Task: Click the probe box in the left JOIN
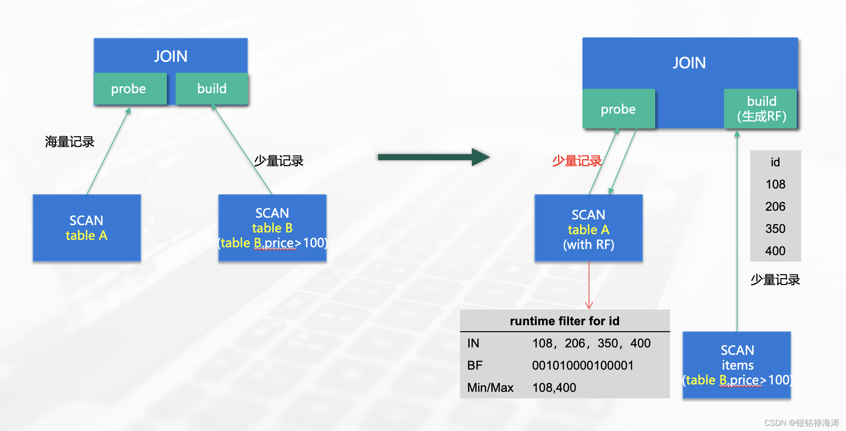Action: [x=130, y=89]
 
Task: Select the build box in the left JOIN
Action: [x=212, y=89]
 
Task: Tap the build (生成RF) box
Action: [x=761, y=109]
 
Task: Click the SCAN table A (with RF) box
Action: [x=589, y=228]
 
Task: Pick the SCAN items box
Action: [x=737, y=365]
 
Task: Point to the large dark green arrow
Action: [x=433, y=157]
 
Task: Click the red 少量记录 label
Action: [x=576, y=161]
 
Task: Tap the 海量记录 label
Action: [x=70, y=142]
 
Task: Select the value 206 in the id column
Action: [x=775, y=206]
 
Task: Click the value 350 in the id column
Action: [x=775, y=229]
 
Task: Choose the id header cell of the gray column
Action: [x=775, y=162]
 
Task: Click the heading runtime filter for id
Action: [x=564, y=321]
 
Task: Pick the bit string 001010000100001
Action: [x=582, y=365]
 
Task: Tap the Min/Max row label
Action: [x=490, y=387]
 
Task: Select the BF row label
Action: [x=475, y=365]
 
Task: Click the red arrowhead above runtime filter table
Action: [x=589, y=306]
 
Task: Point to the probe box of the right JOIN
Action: [x=618, y=109]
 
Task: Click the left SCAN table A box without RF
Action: [x=87, y=228]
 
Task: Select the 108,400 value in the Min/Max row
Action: [x=554, y=387]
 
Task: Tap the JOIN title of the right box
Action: [x=689, y=63]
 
